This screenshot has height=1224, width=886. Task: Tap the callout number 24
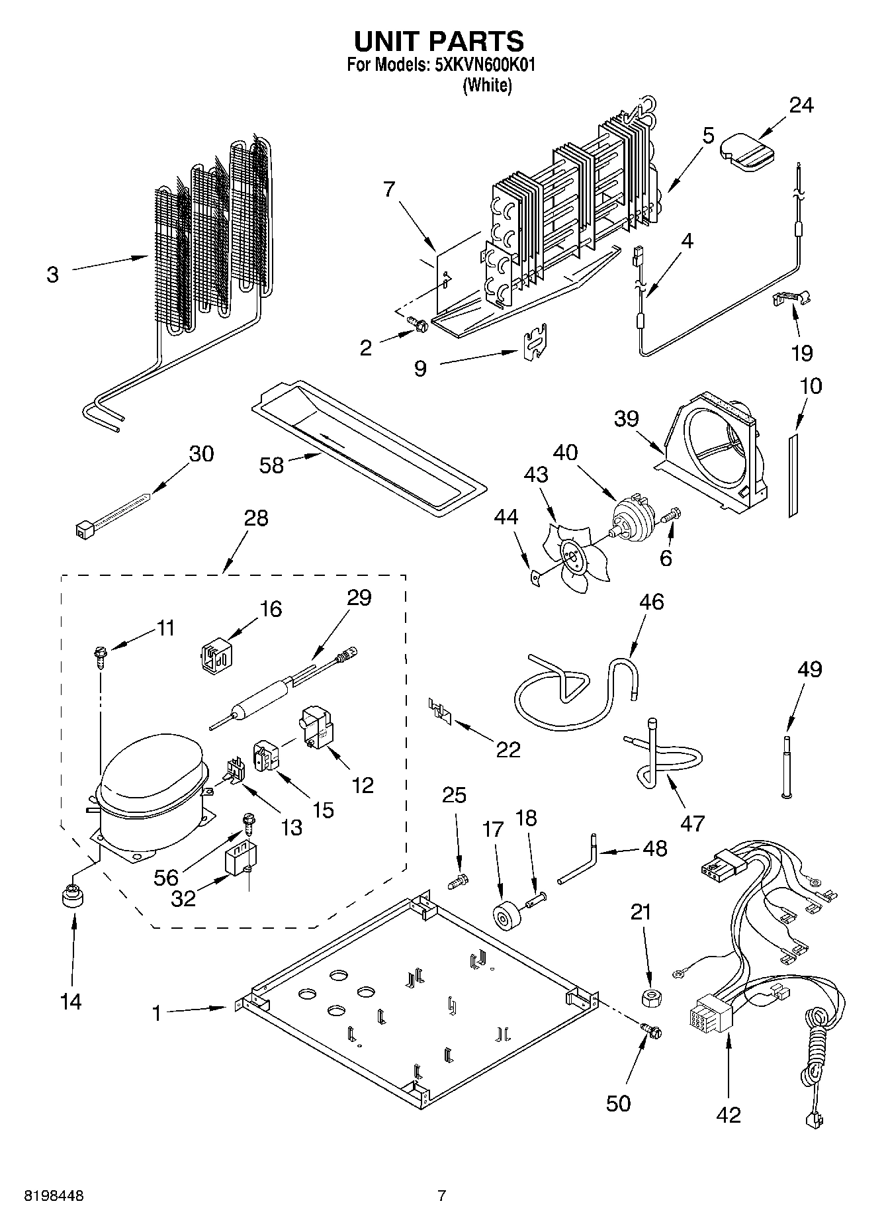pos(801,105)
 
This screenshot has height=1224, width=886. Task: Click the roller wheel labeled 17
pos(508,916)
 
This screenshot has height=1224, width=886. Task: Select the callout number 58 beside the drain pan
pos(271,465)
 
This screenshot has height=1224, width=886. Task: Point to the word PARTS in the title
pos(476,41)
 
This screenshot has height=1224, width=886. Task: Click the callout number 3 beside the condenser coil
pos(53,275)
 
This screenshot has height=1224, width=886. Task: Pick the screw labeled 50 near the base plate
pos(650,1030)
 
